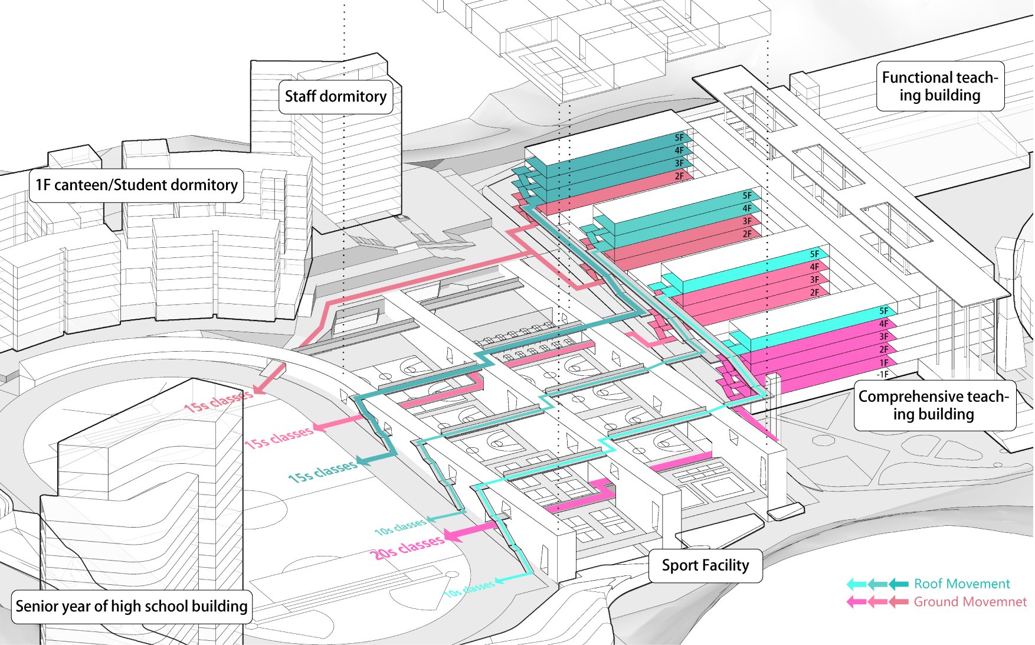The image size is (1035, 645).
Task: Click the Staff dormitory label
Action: [336, 97]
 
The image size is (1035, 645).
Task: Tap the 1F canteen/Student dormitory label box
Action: [136, 185]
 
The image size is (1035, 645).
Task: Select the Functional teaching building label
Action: [940, 86]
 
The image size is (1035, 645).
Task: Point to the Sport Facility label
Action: [705, 565]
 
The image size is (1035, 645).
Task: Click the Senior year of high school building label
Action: [132, 606]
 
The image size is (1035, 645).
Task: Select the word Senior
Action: [35, 606]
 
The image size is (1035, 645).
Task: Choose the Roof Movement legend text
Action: [962, 584]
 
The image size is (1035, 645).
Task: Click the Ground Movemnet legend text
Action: [970, 602]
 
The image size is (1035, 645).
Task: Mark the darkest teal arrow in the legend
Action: [899, 584]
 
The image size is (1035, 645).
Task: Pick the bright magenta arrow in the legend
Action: [856, 603]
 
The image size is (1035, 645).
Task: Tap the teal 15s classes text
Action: [322, 471]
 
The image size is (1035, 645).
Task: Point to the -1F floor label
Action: [882, 374]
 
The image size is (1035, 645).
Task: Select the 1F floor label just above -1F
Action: [883, 362]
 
